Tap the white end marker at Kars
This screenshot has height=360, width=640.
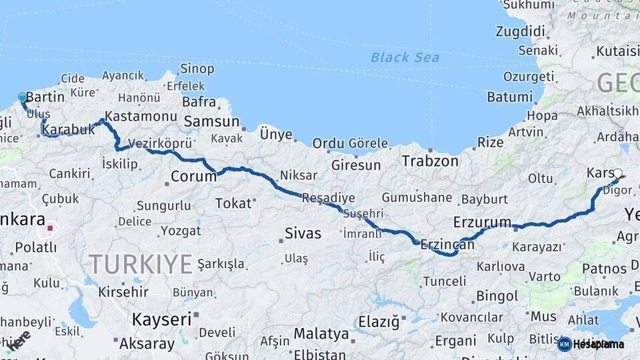tap(617, 174)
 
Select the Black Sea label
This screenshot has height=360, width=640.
tap(405, 57)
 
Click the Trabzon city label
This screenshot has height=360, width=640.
tap(430, 161)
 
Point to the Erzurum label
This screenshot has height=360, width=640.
tap(482, 222)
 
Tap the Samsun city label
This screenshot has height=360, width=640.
tap(211, 121)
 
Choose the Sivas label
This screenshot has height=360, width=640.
tap(303, 233)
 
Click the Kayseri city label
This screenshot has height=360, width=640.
tap(161, 319)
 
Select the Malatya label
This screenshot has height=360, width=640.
tap(321, 333)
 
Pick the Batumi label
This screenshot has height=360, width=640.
tap(510, 97)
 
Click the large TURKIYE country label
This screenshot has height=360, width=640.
tap(141, 264)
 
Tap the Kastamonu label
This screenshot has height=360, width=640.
tap(141, 116)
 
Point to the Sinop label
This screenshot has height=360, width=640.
tap(198, 69)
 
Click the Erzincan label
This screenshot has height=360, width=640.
tap(447, 244)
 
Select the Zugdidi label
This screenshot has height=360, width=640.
tap(521, 31)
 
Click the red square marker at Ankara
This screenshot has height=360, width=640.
tap(50, 228)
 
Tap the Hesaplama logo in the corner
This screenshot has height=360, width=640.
tap(591, 344)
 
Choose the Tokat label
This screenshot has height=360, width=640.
tap(233, 203)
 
